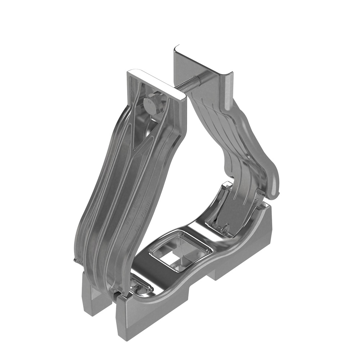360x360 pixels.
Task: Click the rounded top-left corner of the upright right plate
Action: pos(176,48)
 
